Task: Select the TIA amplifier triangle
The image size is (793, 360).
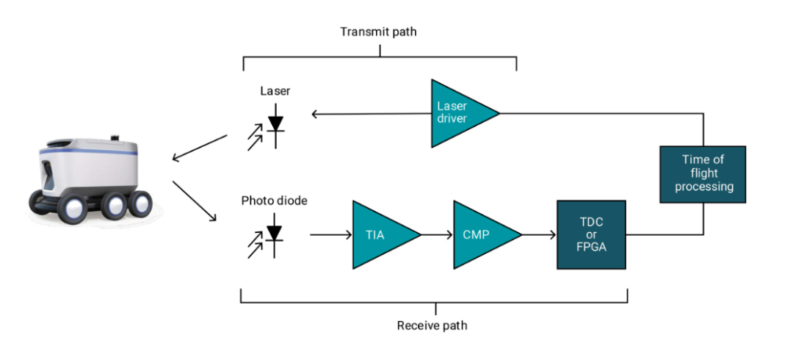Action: (x=379, y=234)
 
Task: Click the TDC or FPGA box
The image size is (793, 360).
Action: (x=592, y=235)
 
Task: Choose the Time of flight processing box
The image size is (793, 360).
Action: (x=703, y=173)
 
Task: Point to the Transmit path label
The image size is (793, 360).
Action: (x=379, y=32)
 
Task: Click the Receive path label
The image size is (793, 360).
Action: (x=432, y=325)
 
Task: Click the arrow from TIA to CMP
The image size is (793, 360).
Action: (x=437, y=235)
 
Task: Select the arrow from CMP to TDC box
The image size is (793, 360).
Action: (x=539, y=235)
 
